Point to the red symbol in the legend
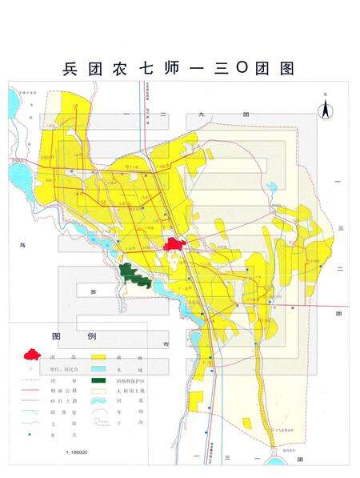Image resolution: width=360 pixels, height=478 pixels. pyautogui.click(x=33, y=352)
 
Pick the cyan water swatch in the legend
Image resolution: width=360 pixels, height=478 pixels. pyautogui.click(x=99, y=368)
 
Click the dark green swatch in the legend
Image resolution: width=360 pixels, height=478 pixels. pyautogui.click(x=99, y=381)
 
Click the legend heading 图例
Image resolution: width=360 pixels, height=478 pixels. pyautogui.click(x=68, y=334)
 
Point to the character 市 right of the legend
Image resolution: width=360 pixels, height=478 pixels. pyautogui.click(x=166, y=343)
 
